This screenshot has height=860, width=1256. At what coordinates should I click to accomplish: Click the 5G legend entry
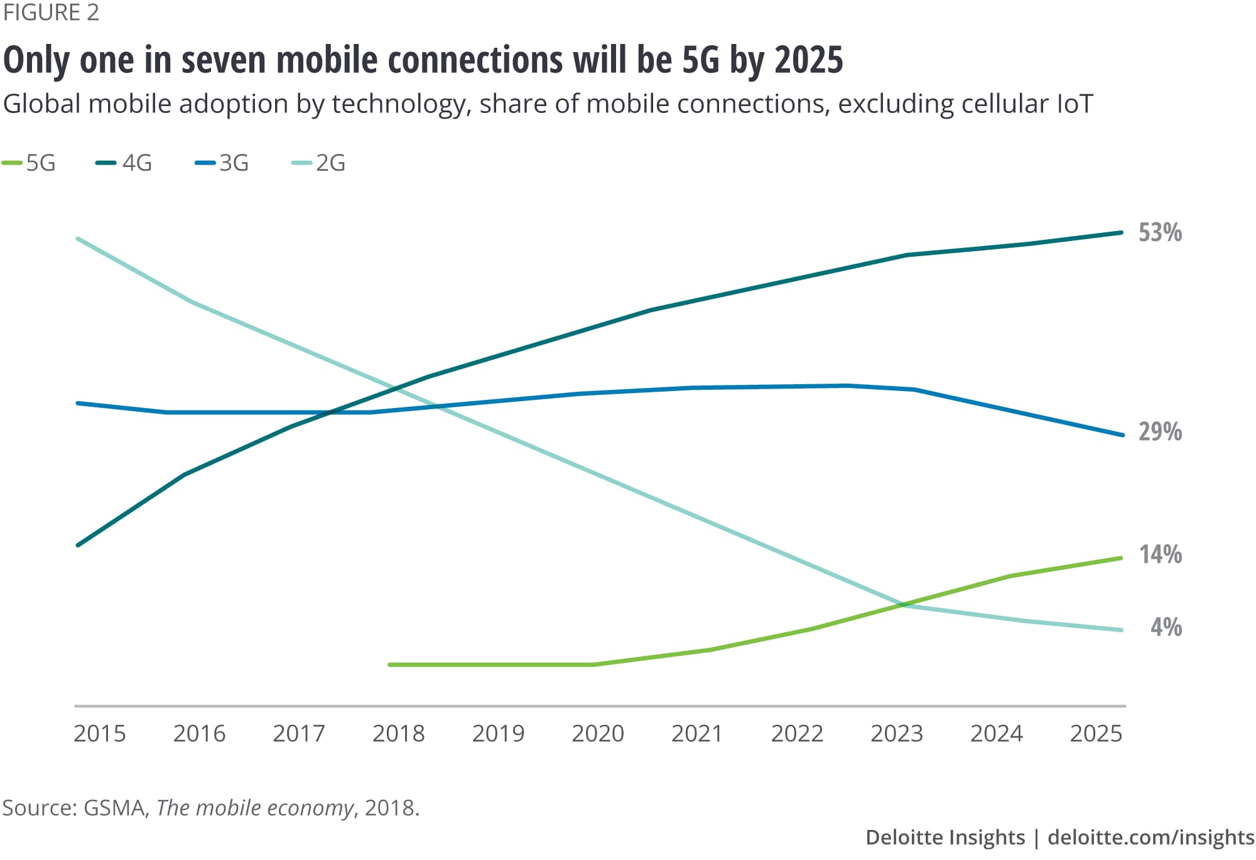point(30,163)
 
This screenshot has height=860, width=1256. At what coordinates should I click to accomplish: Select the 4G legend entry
point(124,163)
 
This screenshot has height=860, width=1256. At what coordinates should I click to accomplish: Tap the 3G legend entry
point(222,163)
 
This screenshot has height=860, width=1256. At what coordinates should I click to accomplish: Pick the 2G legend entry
point(319,163)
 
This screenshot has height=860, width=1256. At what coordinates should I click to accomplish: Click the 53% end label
point(1160,233)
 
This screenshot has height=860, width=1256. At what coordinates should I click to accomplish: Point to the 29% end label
point(1160,432)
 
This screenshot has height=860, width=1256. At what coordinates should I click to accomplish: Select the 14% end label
point(1160,555)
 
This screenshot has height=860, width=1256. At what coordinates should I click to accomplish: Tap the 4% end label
point(1166,627)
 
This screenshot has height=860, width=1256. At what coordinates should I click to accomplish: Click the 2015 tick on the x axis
point(100,733)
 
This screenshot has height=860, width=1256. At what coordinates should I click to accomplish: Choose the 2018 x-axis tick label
point(398,733)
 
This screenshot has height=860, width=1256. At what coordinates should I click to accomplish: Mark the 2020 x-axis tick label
point(597,733)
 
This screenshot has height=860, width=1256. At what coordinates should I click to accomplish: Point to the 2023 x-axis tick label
point(896,733)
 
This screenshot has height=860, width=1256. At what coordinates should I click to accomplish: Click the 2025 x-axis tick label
point(1096,733)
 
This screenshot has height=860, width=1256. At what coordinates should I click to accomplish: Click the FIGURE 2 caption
point(51,13)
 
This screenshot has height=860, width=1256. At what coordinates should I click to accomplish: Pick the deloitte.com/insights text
point(1150,837)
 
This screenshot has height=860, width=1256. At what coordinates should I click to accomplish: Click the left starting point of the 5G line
point(390,664)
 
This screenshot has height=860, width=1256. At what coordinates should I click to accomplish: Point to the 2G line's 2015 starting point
point(78,239)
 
